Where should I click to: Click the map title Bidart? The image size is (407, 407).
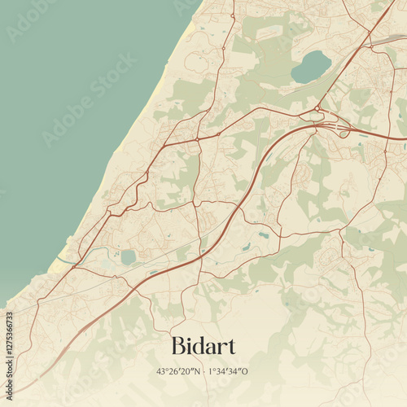[x=203, y=346]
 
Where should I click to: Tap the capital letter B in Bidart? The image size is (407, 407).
[x=179, y=346]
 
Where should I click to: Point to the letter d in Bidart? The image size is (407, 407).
[x=197, y=346]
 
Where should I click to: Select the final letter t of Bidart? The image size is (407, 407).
[x=230, y=347]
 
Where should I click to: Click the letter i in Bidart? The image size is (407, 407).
[x=188, y=346]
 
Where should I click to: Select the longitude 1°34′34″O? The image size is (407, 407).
[x=228, y=371]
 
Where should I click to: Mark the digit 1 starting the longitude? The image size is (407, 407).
[x=211, y=371]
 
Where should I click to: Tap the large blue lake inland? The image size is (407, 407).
[x=311, y=66]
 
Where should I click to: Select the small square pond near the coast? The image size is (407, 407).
[x=128, y=257]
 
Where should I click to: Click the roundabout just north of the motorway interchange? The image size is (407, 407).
[x=316, y=108]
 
